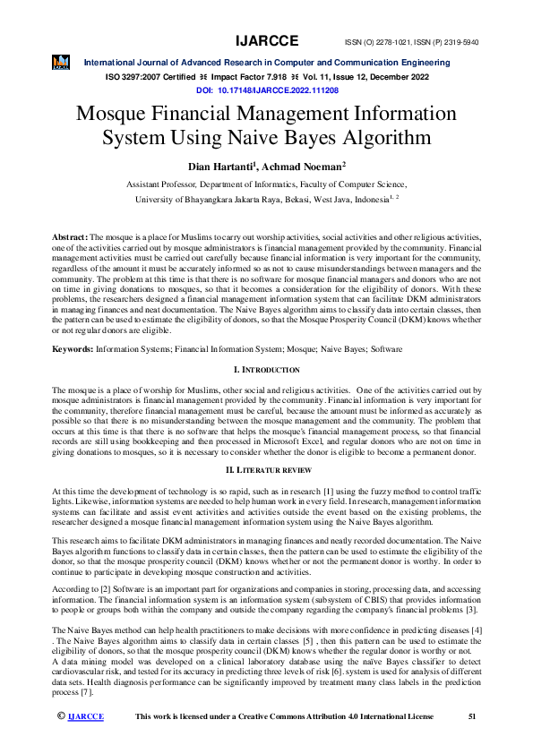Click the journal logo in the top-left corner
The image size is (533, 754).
click(x=61, y=62)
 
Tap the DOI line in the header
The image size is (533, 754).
click(x=266, y=90)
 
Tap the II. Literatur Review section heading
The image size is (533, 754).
click(x=266, y=470)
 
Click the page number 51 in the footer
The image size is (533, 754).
click(x=473, y=741)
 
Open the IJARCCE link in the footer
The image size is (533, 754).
click(x=86, y=741)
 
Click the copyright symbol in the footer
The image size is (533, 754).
click(x=61, y=741)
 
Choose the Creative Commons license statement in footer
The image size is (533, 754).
click(x=283, y=741)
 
